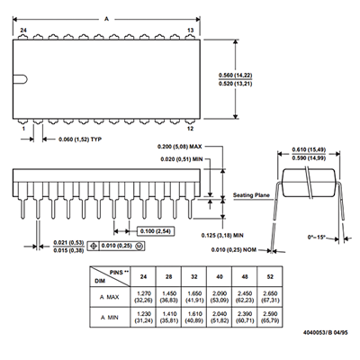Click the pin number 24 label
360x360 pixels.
23,31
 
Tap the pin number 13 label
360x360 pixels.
191,31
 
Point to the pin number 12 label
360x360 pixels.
191,129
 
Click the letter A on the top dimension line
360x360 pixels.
106,19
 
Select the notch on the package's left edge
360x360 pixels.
21,79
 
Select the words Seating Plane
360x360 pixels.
251,195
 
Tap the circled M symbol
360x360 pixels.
139,246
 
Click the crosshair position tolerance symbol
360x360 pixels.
94,246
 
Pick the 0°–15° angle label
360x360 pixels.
316,237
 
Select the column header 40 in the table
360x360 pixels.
220,276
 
